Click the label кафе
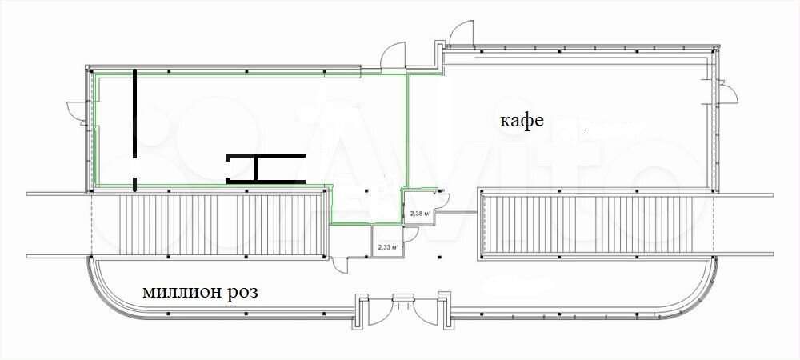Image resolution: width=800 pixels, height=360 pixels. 522,122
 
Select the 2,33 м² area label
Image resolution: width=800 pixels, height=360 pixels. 386,247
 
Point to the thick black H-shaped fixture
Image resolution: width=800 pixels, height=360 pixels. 266,168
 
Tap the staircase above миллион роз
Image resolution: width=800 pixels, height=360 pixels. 222,226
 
